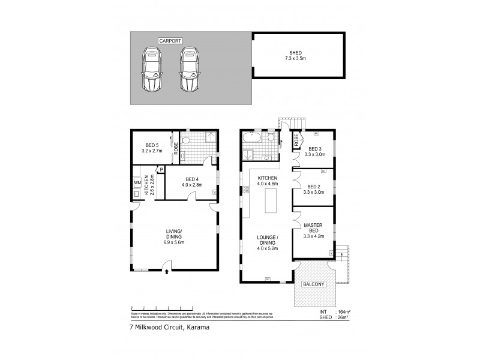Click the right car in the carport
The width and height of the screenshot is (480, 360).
(191, 69)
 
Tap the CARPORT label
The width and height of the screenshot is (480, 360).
(170, 41)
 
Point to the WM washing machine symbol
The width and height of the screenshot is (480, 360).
(137, 182)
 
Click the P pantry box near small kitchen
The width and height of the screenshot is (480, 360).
(161, 170)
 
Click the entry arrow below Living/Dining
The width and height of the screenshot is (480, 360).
(167, 272)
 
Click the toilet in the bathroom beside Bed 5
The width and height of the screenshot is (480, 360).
(187, 142)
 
